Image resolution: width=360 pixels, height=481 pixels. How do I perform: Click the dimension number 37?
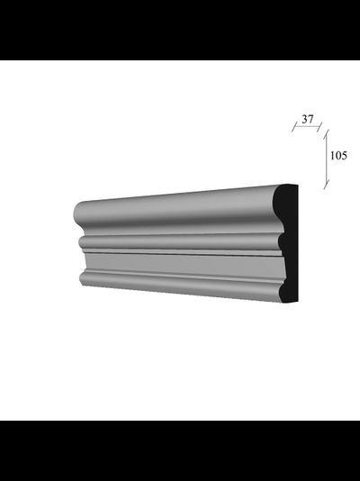pos(308,119)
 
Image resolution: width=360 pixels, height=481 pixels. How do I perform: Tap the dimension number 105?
pos(338,156)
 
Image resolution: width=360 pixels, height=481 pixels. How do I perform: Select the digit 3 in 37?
pos(305,119)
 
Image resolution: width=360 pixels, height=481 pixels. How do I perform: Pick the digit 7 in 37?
pos(310,119)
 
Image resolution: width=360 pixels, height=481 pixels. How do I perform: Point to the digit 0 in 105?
pos(338,156)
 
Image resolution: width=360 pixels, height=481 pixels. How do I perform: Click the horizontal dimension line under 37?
pos(307,126)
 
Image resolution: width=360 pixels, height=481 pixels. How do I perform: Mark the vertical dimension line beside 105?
pos(327,159)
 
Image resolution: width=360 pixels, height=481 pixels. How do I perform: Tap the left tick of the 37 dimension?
pos(294,127)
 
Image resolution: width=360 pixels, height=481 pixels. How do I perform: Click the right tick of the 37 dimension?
pos(319,127)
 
